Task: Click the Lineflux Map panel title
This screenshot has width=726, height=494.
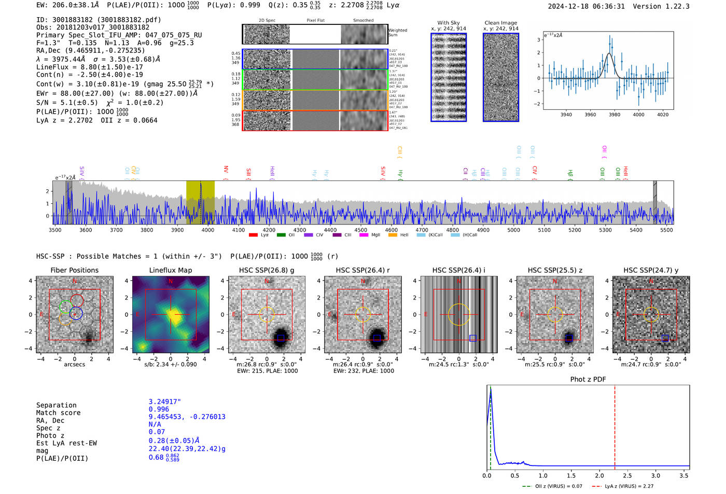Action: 170,270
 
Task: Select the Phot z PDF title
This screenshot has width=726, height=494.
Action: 588,379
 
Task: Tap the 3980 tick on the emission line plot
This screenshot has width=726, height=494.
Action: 615,115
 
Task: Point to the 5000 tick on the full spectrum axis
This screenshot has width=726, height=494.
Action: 513,230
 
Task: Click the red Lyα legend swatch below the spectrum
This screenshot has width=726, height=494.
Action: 253,235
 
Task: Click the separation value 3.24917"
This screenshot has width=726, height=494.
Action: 164,402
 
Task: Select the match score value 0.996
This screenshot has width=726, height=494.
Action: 159,409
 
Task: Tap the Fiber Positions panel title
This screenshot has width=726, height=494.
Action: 74,270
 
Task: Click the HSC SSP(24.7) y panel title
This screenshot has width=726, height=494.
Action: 651,270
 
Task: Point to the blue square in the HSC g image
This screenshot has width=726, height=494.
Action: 281,338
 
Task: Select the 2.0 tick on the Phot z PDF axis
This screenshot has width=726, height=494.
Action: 599,475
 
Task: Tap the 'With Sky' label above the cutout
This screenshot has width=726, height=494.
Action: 449,23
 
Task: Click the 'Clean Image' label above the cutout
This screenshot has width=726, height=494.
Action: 500,23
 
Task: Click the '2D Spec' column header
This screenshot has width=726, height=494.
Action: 267,20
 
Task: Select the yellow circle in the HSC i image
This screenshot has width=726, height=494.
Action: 458,314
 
